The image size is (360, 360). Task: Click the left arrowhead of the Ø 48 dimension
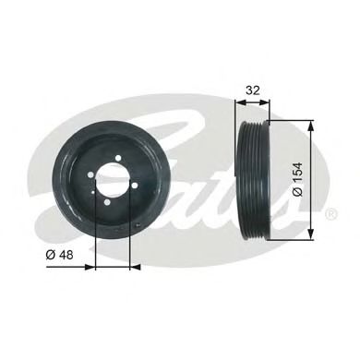coord(98,269)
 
